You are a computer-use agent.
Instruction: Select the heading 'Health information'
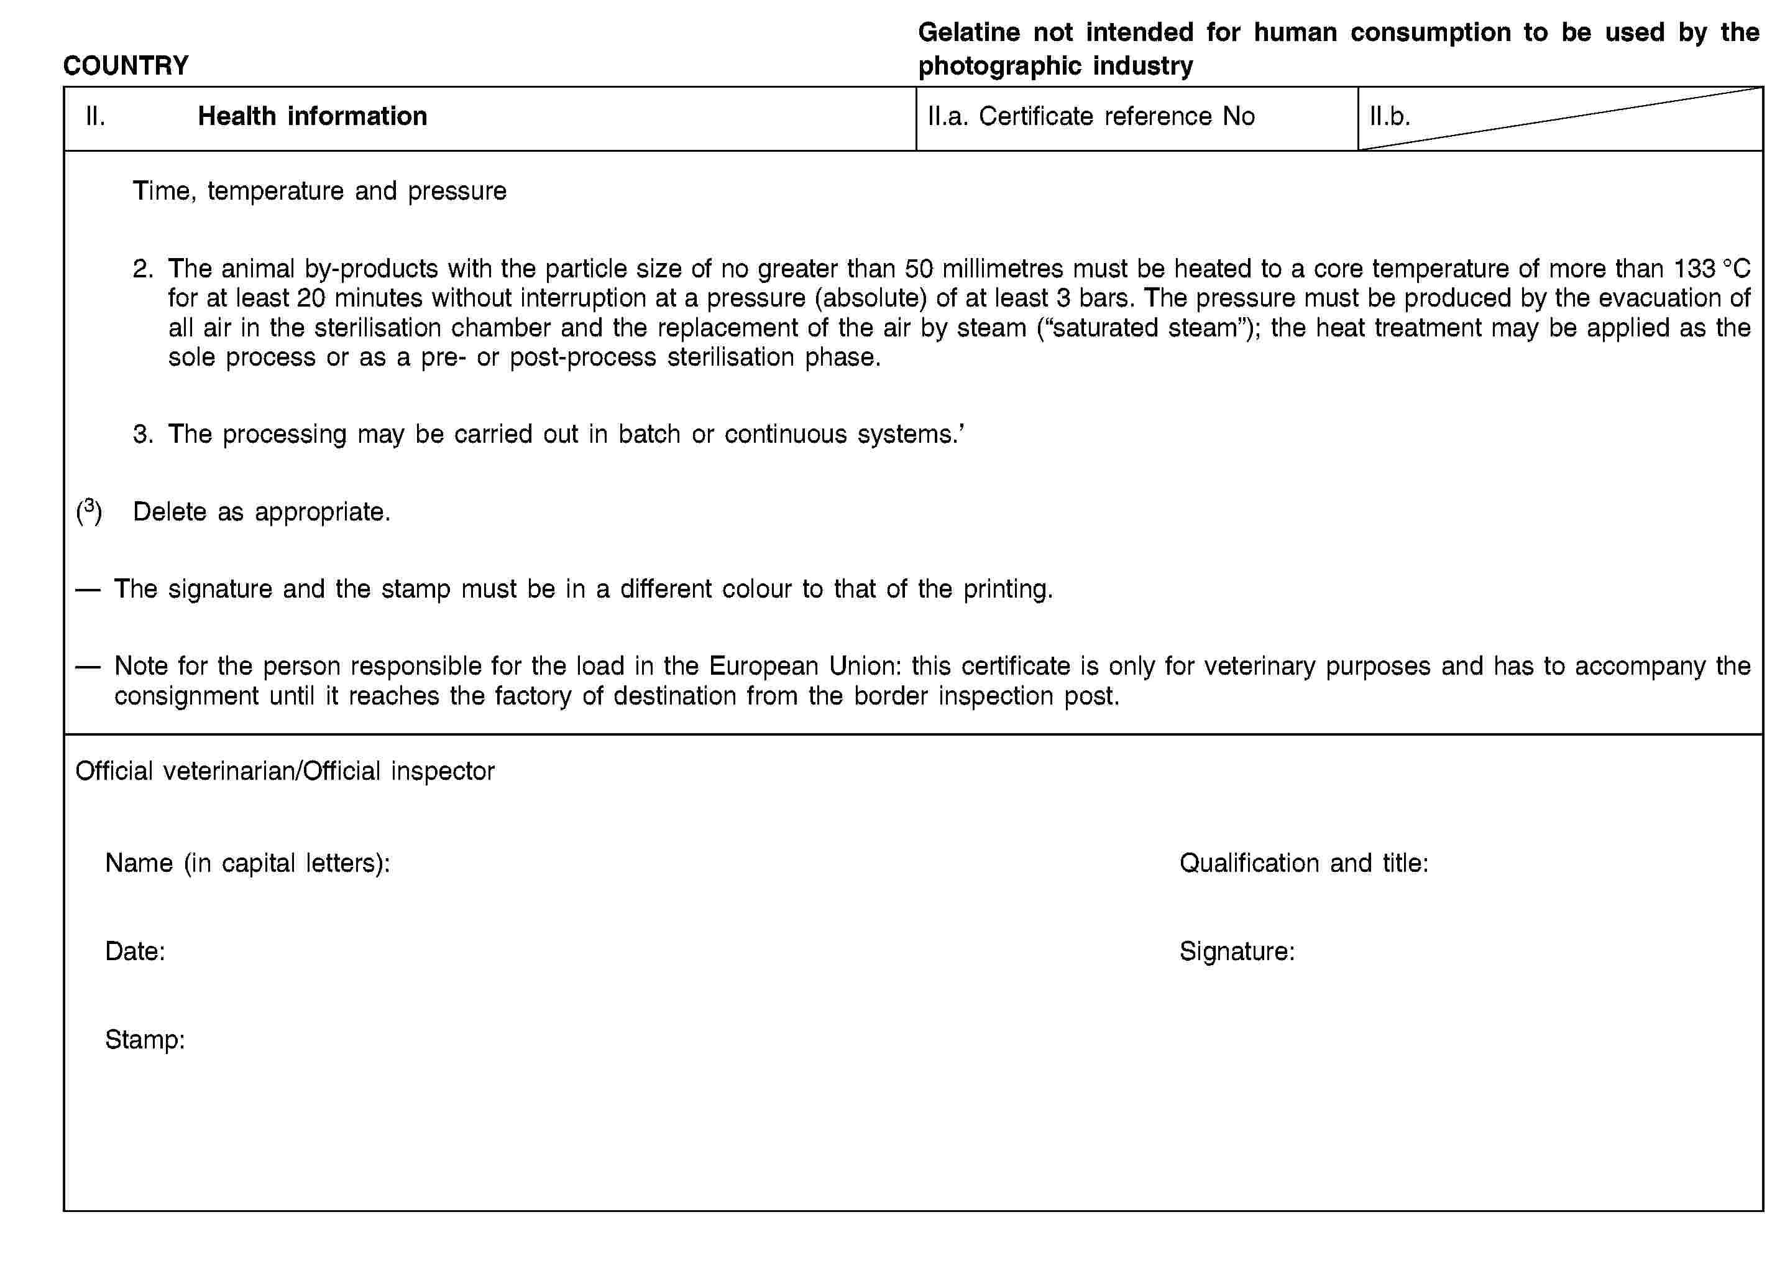[x=312, y=116]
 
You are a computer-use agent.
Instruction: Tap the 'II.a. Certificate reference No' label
[x=1091, y=116]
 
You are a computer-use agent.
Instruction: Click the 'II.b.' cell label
[x=1389, y=116]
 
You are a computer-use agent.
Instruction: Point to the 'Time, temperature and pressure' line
[x=319, y=190]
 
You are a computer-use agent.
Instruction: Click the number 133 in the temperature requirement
[x=1695, y=268]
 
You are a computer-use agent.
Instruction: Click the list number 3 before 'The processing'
[x=143, y=434]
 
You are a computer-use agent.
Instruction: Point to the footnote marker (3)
[x=89, y=511]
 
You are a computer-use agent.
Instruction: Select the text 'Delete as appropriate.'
[x=261, y=512]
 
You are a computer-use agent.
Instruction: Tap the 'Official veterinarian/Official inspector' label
[x=285, y=770]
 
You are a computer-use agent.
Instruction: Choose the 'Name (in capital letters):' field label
[x=247, y=863]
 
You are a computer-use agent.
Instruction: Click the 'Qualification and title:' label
[x=1304, y=863]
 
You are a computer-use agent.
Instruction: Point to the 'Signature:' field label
[x=1237, y=951]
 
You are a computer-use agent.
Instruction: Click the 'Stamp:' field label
[x=145, y=1039]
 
